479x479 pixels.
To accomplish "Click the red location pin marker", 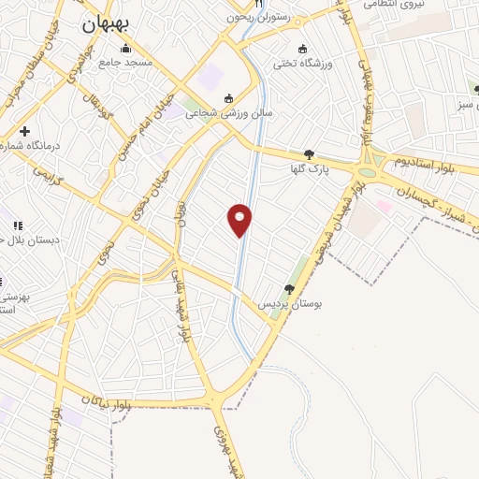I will (240, 220).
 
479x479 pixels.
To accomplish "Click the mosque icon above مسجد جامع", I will (122, 46).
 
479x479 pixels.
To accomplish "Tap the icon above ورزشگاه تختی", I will (301, 49).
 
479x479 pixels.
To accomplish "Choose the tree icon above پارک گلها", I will (310, 154).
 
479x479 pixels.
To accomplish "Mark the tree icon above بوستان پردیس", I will (291, 290).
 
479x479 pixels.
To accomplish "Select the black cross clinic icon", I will (25, 130).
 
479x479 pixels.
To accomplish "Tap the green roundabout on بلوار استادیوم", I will (366, 171).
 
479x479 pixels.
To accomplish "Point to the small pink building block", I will (384, 205).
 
